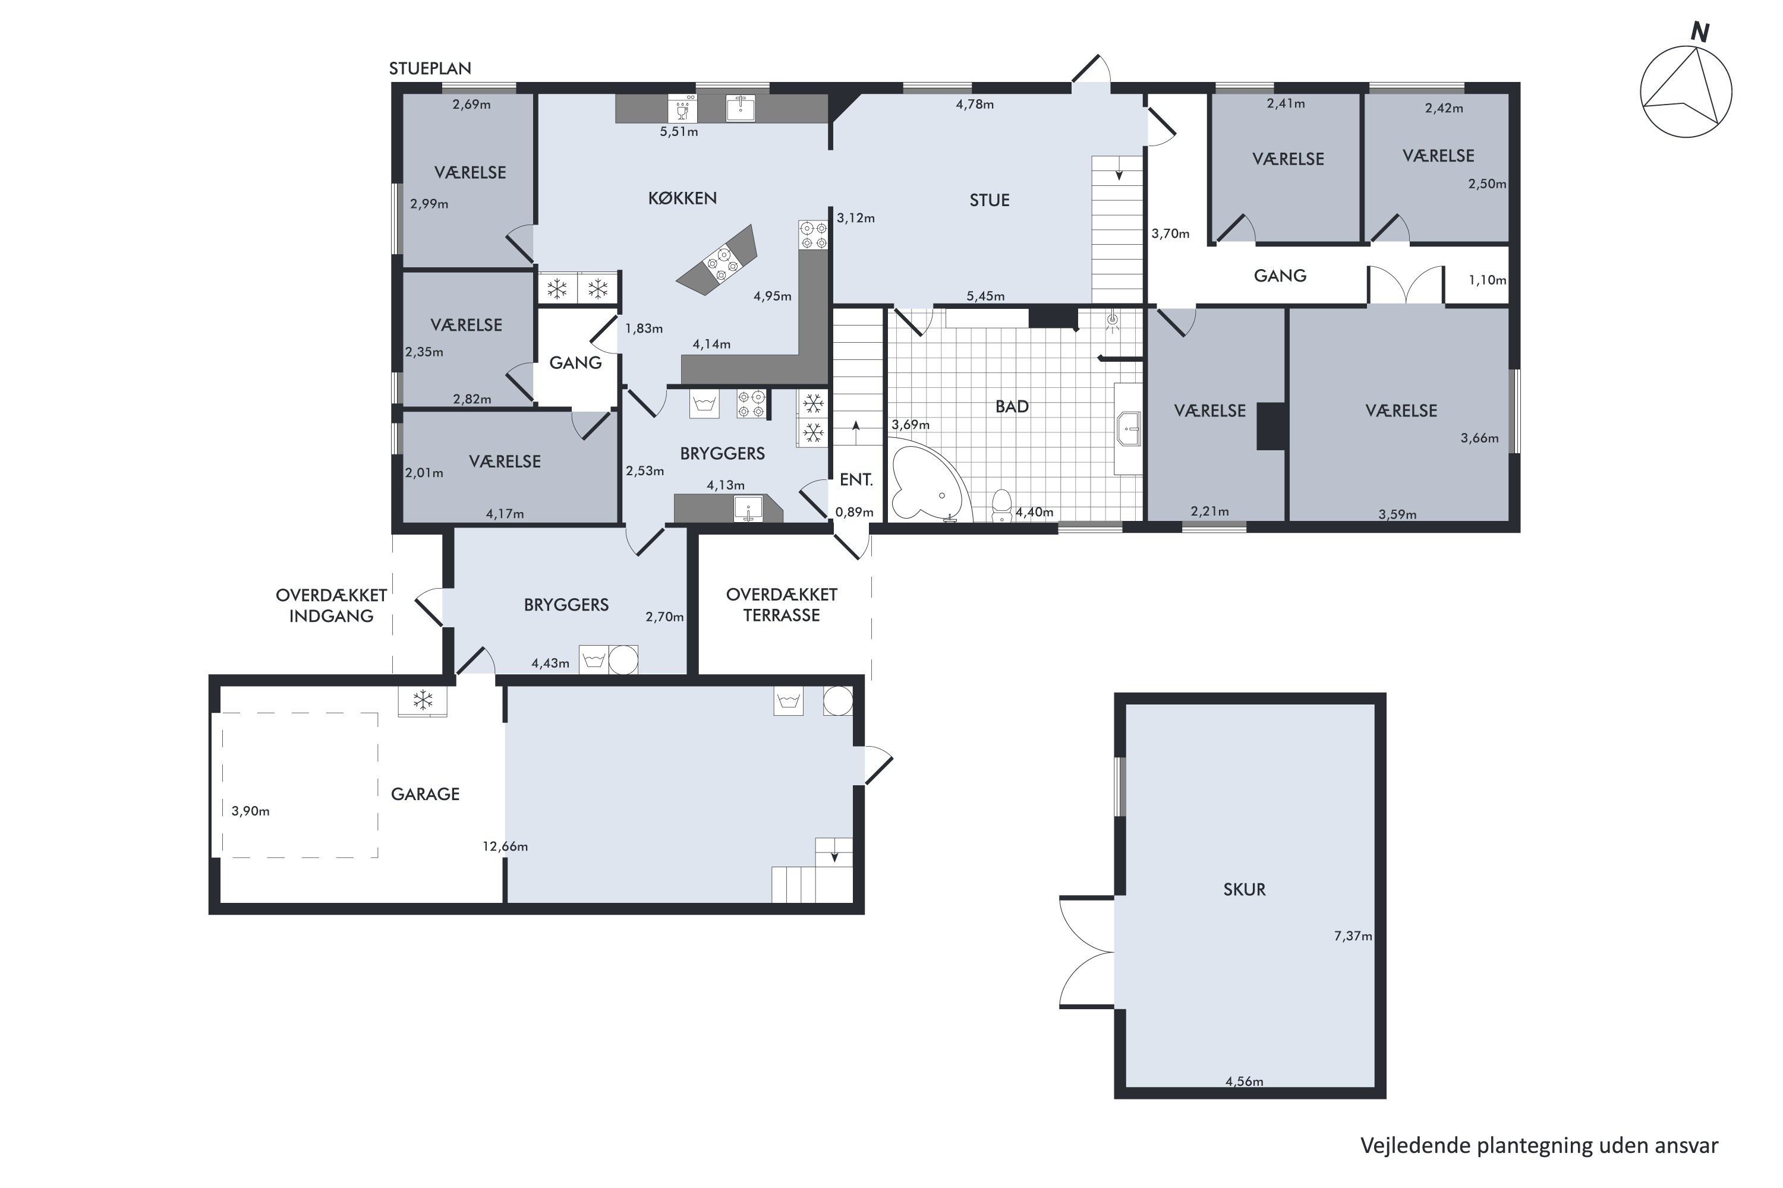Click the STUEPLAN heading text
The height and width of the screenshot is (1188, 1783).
(x=430, y=68)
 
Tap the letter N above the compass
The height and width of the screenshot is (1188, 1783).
(x=1700, y=33)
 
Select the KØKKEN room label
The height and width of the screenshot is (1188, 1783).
(x=682, y=198)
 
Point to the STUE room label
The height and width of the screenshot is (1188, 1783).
(x=990, y=200)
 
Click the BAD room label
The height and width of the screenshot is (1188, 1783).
(x=1012, y=406)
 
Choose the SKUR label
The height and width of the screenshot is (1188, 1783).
(x=1244, y=889)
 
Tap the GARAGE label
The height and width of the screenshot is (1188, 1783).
(x=426, y=794)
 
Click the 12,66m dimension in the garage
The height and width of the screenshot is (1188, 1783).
(x=505, y=846)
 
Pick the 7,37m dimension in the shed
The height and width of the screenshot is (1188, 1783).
(x=1353, y=936)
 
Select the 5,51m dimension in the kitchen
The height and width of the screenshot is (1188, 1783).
(x=679, y=131)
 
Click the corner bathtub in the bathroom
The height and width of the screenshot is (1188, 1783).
(x=927, y=485)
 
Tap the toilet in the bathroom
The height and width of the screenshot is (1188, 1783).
(x=1001, y=505)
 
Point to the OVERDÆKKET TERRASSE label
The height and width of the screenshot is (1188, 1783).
(x=782, y=605)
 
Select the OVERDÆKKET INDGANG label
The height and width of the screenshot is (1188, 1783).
(x=331, y=605)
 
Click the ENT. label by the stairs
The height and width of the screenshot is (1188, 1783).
(x=856, y=479)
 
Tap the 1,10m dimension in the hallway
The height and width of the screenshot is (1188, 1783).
(x=1488, y=280)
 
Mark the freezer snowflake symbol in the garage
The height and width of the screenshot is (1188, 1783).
(x=422, y=700)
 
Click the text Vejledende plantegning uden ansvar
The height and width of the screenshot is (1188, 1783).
(x=1539, y=1146)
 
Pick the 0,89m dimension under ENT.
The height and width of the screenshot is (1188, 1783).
(x=855, y=512)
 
